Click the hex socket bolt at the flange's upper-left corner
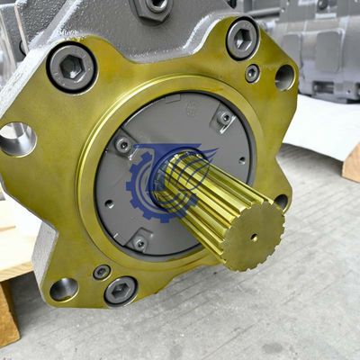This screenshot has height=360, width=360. (71, 67)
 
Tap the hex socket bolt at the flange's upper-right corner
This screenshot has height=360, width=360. (242, 39)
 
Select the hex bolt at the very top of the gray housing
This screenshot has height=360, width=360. (154, 7)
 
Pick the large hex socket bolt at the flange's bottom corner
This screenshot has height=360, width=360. (120, 290)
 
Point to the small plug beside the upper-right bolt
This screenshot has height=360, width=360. (253, 73)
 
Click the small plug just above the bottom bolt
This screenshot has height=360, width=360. (102, 271)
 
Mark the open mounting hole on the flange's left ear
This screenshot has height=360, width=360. (16, 138)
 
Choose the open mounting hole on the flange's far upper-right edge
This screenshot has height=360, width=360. (285, 77)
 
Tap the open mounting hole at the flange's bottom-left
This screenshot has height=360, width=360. (63, 289)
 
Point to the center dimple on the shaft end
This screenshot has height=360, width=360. (253, 237)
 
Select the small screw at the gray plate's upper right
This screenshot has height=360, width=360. (223, 118)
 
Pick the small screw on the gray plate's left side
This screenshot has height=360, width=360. (122, 145)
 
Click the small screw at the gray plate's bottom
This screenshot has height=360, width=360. (139, 242)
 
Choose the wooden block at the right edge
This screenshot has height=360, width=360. (351, 163)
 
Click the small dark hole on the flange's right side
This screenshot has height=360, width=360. (282, 201)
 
